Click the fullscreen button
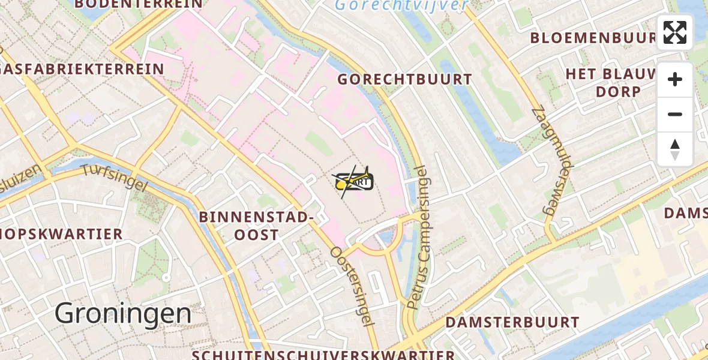pos(675,32)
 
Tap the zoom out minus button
pos(675,114)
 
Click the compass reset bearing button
pos(675,149)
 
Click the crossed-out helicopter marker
pos(354,181)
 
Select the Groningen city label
pos(123,314)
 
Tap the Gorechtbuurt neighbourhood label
pos(405,79)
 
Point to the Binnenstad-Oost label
pos(256,226)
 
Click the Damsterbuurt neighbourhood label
pos(512,322)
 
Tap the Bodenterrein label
pos(139,4)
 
